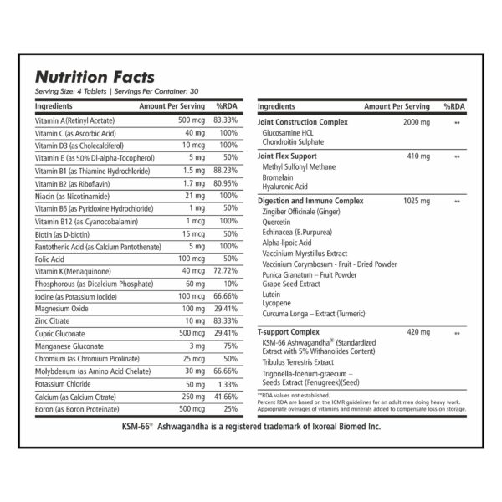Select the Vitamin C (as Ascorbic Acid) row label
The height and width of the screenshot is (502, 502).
(x=75, y=133)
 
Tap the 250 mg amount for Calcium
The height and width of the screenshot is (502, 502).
(x=193, y=397)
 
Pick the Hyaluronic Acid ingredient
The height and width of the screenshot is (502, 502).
(x=285, y=187)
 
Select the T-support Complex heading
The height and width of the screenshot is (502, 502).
(x=289, y=331)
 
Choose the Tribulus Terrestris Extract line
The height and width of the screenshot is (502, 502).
(x=298, y=362)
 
